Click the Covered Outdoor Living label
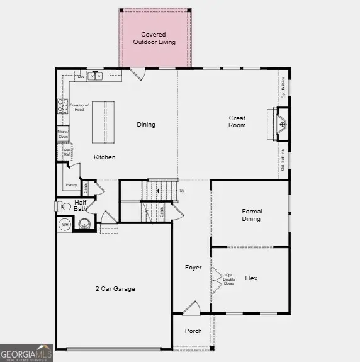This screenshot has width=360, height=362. [x=154, y=38]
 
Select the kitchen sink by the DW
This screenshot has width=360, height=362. [x=98, y=76]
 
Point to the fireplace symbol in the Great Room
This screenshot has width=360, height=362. [x=283, y=124]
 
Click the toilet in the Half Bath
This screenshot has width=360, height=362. [x=65, y=206]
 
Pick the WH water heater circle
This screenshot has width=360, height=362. [x=65, y=224]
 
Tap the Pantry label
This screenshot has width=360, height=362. [x=71, y=185]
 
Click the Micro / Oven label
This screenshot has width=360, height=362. [x=63, y=133]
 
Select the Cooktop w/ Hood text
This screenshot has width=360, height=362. [x=76, y=107]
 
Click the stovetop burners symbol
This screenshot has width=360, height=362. [x=62, y=105]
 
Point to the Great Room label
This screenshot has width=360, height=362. [x=237, y=122]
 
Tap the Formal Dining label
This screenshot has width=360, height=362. [x=251, y=215]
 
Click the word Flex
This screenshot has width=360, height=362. [x=251, y=278]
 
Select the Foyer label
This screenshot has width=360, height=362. [x=193, y=268]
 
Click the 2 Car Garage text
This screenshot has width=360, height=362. [x=115, y=289]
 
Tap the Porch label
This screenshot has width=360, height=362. [x=193, y=331]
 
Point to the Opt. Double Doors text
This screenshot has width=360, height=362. [x=229, y=279]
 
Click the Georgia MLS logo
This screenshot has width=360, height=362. [x=26, y=354]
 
